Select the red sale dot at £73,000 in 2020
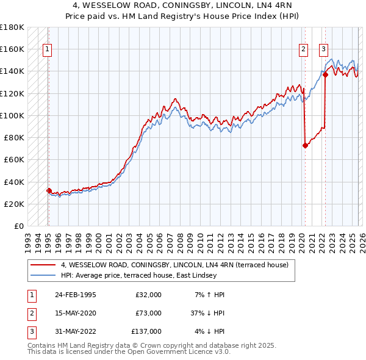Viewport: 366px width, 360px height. point(305,145)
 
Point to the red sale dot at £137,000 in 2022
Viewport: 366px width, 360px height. point(325,75)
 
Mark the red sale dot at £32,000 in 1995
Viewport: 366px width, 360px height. point(49,190)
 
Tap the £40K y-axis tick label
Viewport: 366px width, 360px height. point(14,182)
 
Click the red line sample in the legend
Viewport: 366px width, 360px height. point(43,265)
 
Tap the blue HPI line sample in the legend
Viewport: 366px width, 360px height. point(43,275)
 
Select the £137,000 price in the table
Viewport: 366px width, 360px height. point(146,331)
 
